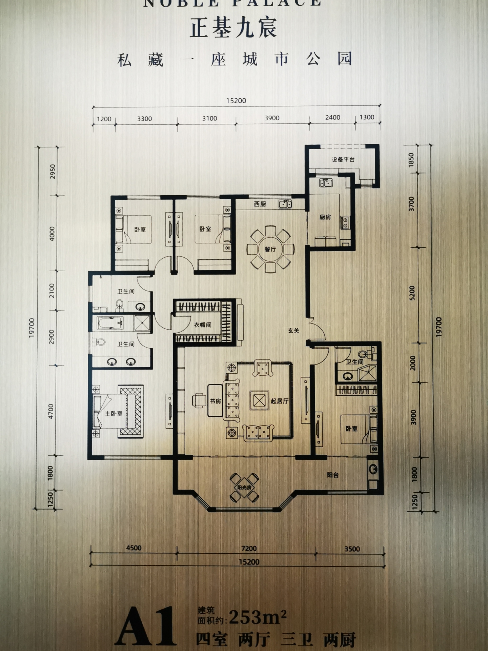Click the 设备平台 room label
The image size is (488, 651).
[343, 159]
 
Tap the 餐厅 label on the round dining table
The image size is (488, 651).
[270, 249]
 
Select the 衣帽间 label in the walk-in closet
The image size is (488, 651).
[203, 324]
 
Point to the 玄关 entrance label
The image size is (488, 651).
[294, 330]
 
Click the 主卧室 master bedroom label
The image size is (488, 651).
[114, 413]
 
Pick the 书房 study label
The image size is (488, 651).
[215, 401]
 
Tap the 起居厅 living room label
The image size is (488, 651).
[280, 401]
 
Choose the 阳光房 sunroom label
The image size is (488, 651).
[244, 487]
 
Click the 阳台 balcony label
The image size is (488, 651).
[333, 475]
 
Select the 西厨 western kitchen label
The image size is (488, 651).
[260, 204]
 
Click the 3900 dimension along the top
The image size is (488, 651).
[272, 118]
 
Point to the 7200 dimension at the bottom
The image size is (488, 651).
[249, 548]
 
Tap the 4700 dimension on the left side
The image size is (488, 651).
[51, 411]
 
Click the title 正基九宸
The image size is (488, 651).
[233, 27]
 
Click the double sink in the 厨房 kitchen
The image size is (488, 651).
[326, 183]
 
